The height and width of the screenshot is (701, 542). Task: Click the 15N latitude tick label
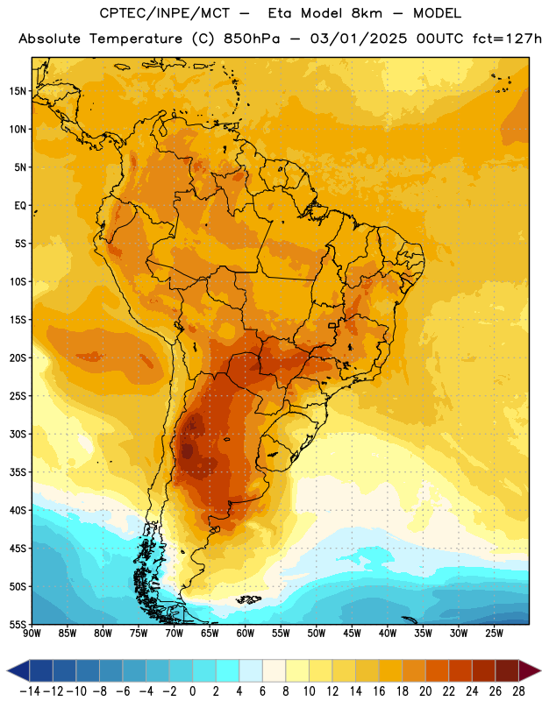18,91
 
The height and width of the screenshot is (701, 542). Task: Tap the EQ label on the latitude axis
20,206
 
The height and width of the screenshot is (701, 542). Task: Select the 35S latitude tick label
18,472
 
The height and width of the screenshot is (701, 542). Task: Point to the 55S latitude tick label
18,624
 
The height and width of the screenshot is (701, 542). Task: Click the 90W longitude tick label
32,634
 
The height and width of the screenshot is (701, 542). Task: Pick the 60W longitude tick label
246,634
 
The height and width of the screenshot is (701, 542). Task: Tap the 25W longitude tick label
494,634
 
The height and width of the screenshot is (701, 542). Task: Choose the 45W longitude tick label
352,634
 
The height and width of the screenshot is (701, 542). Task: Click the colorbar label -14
30,691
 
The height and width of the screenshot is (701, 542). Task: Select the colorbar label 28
518,691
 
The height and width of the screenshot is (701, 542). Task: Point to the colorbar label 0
192,691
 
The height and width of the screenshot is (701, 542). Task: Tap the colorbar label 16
379,691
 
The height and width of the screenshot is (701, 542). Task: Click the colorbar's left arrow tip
7,670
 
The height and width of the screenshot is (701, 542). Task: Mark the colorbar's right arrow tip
541,670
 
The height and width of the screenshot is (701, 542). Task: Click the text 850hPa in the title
252,39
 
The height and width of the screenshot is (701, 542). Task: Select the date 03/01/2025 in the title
359,39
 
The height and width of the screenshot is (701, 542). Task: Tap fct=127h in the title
507,39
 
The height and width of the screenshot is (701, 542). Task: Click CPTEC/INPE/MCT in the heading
164,13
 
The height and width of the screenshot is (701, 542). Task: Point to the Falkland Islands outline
249,599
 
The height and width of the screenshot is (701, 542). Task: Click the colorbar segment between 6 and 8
275,670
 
